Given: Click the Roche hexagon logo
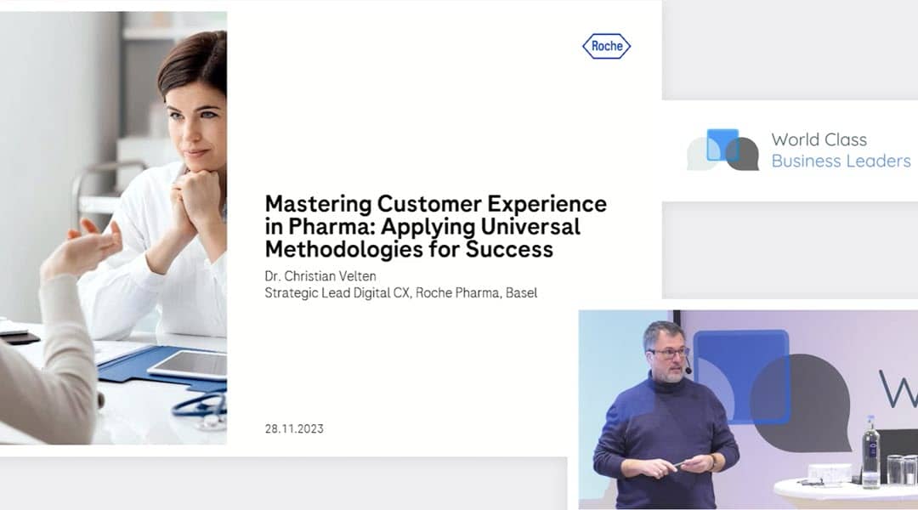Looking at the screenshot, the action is pyautogui.click(x=607, y=46).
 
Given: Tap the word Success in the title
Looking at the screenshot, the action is pyautogui.click(x=509, y=249).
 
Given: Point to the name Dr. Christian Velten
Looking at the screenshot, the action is pyautogui.click(x=320, y=275).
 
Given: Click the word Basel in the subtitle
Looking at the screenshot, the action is pyautogui.click(x=521, y=292).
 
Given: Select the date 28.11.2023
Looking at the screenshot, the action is pyautogui.click(x=294, y=428).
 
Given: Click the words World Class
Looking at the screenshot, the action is pyautogui.click(x=819, y=140).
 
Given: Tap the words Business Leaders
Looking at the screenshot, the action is pyautogui.click(x=841, y=161).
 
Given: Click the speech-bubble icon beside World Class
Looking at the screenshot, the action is pyautogui.click(x=723, y=150).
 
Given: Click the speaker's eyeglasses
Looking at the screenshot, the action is pyautogui.click(x=669, y=353).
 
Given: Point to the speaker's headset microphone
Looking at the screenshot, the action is pyautogui.click(x=687, y=368).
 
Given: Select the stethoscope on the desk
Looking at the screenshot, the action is pyautogui.click(x=202, y=410).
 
